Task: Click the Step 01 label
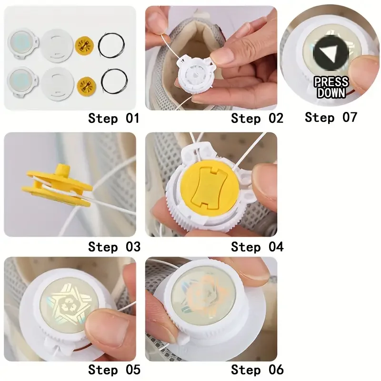pyautogui.click(x=113, y=118)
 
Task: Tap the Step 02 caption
pyautogui.click(x=257, y=118)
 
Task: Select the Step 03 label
pyautogui.click(x=114, y=247)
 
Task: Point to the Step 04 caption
pyautogui.click(x=257, y=247)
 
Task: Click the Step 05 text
pyautogui.click(x=114, y=370)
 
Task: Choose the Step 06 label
pyautogui.click(x=257, y=370)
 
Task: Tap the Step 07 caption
pyautogui.click(x=331, y=117)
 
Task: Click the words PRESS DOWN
pyautogui.click(x=331, y=87)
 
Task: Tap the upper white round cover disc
pyautogui.click(x=56, y=46)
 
